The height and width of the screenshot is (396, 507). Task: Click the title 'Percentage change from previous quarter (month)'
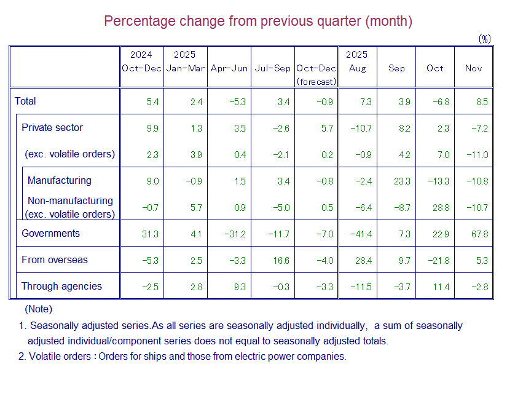click(257, 21)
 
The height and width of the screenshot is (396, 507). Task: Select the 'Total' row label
click(26, 101)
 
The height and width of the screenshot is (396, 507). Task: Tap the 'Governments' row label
click(51, 234)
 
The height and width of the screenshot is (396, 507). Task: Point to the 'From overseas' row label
click(55, 260)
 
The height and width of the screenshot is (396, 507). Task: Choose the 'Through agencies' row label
click(61, 287)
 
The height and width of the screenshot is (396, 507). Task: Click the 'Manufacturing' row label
click(60, 181)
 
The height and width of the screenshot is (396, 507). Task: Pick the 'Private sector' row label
click(52, 128)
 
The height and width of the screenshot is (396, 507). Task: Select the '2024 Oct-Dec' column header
click(141, 61)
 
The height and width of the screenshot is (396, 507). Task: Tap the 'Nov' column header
click(473, 68)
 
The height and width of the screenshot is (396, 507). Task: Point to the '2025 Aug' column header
click(357, 61)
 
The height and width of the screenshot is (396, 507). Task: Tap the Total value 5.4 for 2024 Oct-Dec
click(153, 101)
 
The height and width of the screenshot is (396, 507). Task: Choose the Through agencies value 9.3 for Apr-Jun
click(240, 287)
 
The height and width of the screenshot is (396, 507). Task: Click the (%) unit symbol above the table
click(485, 39)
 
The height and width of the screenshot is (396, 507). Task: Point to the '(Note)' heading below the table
click(38, 309)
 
